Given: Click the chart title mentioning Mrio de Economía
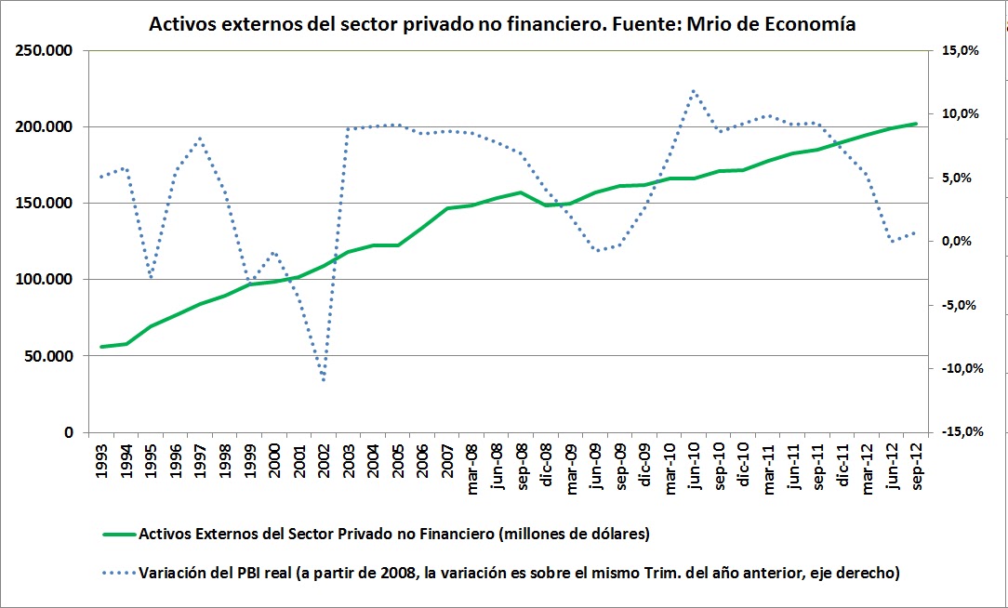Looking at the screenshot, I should point(503,25).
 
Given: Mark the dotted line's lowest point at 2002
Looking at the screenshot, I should point(324,380).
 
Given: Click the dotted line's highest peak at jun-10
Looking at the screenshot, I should point(694,90).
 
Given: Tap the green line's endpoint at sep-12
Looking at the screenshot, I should point(916,124).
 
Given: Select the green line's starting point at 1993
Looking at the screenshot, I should point(101,347).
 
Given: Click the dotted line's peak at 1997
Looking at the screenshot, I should point(200,139).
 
